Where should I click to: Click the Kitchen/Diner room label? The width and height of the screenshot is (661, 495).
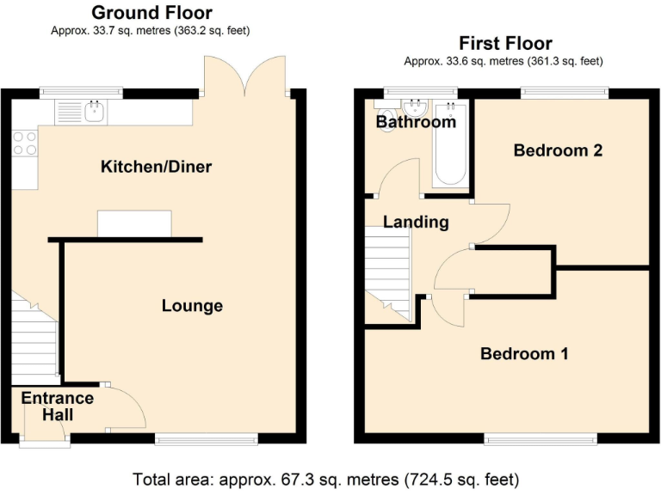tap(156, 166)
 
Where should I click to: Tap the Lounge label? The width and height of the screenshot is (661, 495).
tap(192, 306)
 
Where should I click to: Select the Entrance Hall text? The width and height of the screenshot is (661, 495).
tap(57, 406)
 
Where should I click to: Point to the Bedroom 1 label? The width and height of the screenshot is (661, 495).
tap(523, 353)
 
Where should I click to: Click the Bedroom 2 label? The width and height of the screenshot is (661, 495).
tap(557, 150)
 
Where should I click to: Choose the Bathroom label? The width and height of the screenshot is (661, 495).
tap(416, 122)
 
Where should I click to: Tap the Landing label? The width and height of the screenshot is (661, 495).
tap(416, 222)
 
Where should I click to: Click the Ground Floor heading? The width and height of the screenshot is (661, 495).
tap(151, 12)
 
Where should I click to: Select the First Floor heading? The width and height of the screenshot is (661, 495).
tap(505, 43)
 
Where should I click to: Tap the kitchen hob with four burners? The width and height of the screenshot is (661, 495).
tap(25, 142)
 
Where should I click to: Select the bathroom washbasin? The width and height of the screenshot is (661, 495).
tap(417, 107)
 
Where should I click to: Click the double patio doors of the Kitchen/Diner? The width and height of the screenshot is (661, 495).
tap(244, 75)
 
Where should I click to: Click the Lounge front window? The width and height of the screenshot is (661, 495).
tap(207, 439)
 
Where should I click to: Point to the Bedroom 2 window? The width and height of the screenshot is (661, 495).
tap(564, 90)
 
